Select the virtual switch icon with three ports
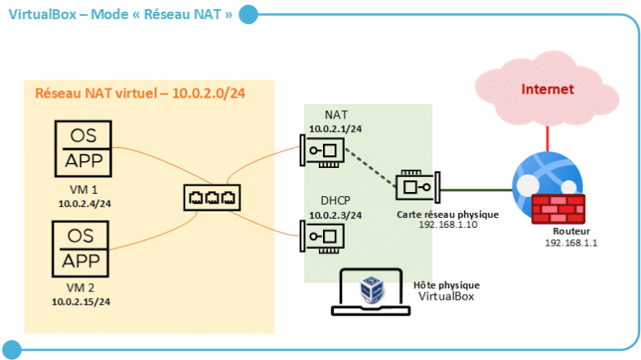point(211,198)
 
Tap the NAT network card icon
point(324,150)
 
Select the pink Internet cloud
point(547,89)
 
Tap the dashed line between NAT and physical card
point(371,169)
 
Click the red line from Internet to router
point(547,136)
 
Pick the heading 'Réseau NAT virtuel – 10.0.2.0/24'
point(141,93)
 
